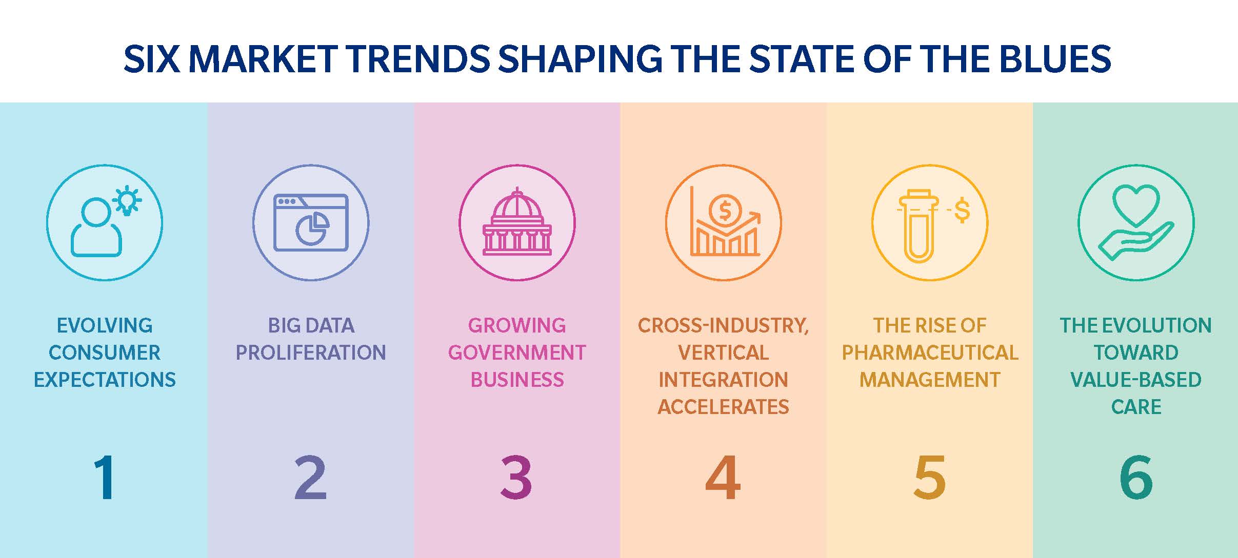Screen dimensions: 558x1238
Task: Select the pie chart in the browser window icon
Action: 312,228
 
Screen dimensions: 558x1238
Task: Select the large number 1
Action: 105,478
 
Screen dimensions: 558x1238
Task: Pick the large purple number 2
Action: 310,478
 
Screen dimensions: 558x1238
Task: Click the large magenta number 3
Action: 516,478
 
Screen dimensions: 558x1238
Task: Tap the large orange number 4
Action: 723,478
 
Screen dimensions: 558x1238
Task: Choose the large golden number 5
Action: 929,478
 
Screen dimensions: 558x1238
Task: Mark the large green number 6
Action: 1136,478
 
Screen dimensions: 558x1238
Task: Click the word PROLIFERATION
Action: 311,353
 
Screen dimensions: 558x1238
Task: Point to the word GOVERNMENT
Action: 517,353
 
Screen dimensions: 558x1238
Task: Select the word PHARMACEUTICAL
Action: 930,353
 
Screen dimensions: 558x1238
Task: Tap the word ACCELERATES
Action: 723,407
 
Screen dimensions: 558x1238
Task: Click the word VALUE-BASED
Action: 1136,380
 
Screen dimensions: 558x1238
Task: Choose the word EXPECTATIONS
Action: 105,380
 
